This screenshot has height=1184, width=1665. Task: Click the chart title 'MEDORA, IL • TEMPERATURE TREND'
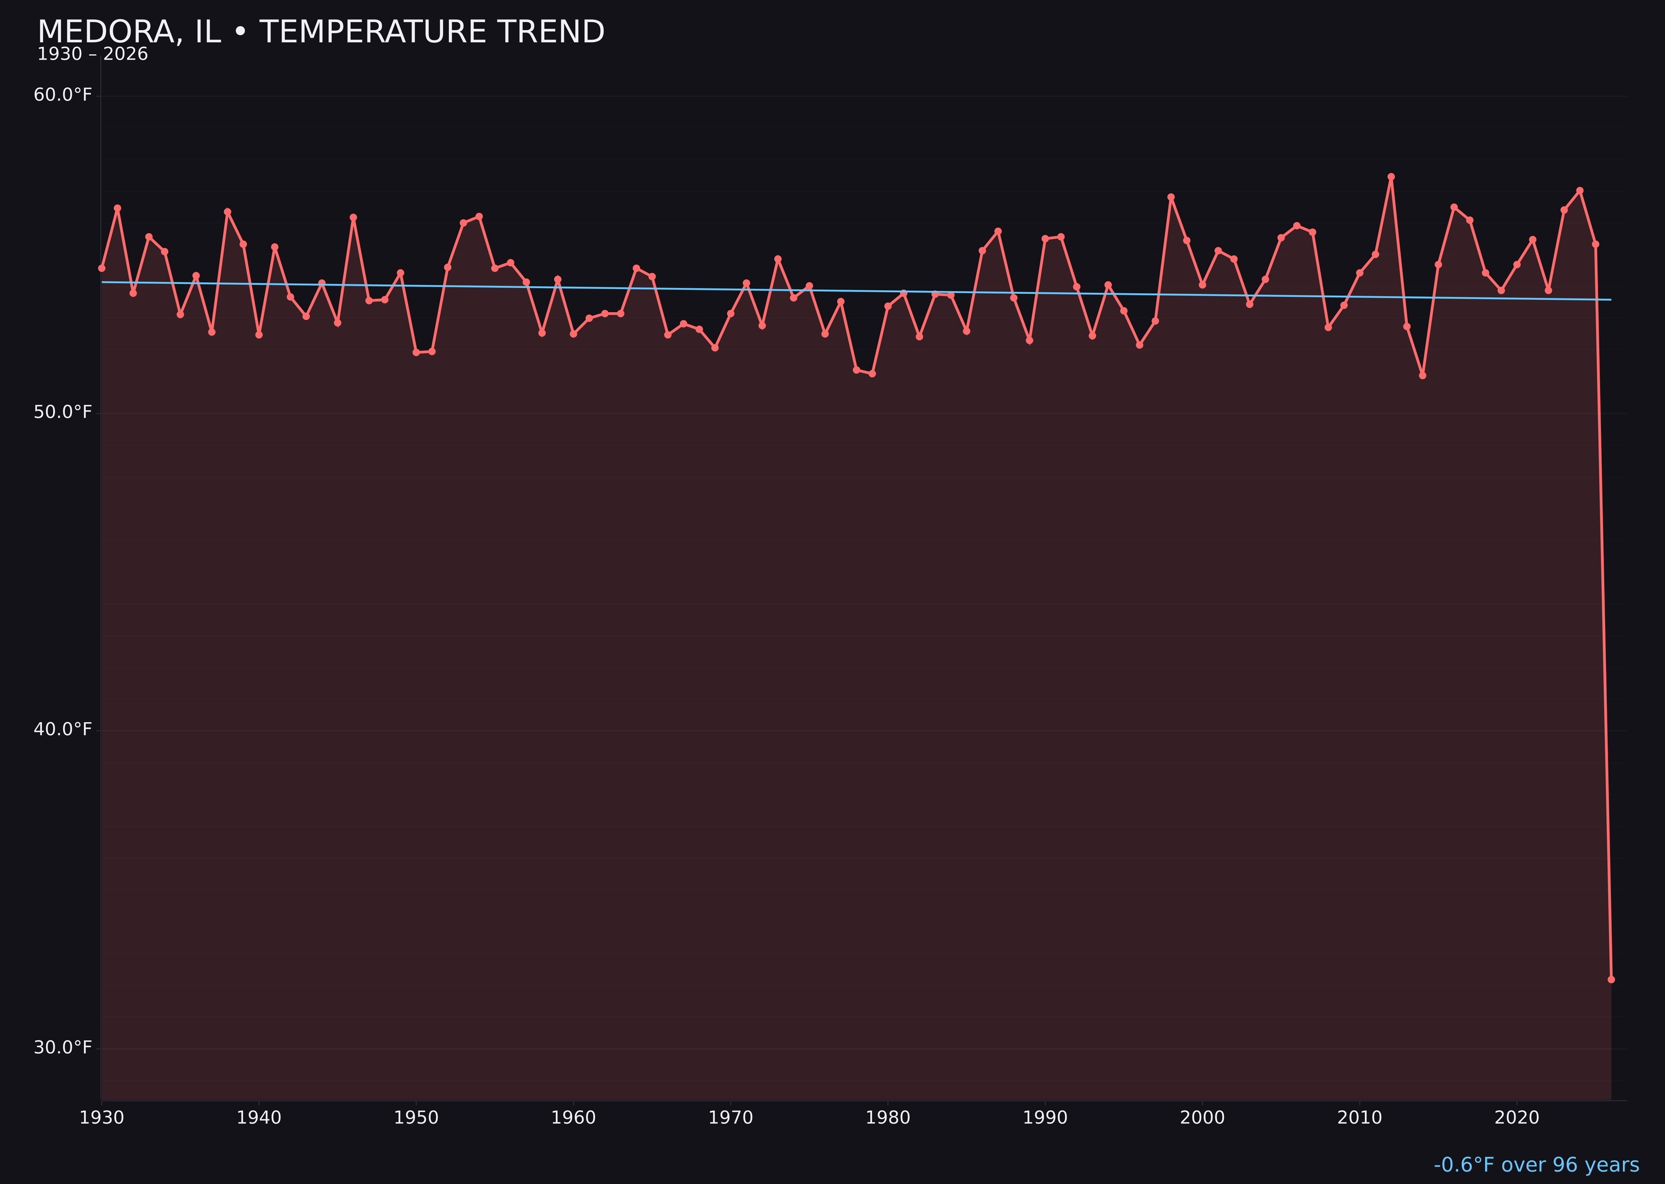click(321, 32)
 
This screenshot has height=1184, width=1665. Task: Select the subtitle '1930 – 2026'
click(92, 55)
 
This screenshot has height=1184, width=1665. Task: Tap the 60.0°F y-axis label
click(63, 95)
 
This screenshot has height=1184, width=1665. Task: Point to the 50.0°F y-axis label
click(63, 413)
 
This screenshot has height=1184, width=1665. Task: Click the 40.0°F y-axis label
click(63, 730)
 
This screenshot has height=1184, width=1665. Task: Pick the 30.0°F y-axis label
click(63, 1048)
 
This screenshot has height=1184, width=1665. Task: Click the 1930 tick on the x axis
click(102, 1118)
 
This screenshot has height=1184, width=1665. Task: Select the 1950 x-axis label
click(416, 1118)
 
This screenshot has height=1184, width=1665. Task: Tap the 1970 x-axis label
click(731, 1118)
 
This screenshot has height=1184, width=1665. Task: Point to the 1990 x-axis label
click(1045, 1118)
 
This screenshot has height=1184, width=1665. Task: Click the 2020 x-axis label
click(1516, 1118)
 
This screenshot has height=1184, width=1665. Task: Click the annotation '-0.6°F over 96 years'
click(1536, 1165)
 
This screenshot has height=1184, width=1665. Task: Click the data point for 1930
click(102, 268)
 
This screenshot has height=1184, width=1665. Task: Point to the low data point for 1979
click(872, 374)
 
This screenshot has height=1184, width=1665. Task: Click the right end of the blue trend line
click(1610, 300)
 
